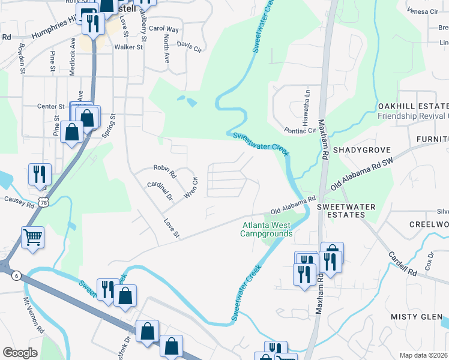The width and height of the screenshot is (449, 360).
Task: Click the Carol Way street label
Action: click(164, 29)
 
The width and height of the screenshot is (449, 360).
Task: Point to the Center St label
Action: click(50, 107)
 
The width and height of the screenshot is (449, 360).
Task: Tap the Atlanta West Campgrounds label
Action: click(267, 230)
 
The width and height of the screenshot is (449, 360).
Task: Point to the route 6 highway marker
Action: click(16, 274)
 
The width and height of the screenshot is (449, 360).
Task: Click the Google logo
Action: click(20, 352)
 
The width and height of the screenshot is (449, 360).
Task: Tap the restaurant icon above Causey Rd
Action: click(40, 173)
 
